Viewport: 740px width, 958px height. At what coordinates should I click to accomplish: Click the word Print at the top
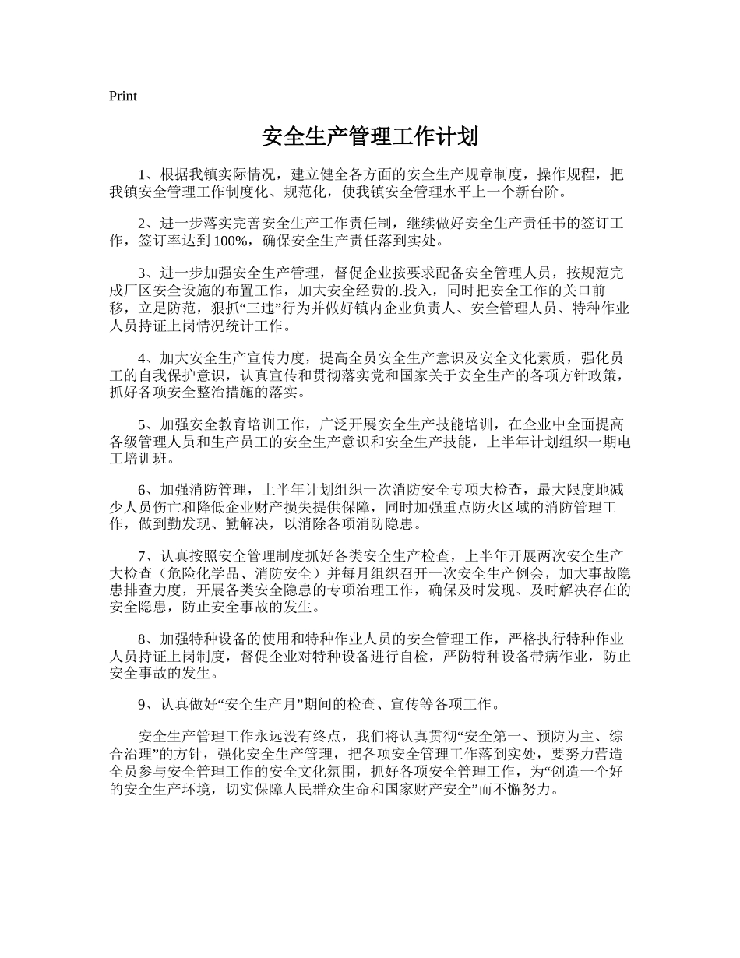click(x=123, y=96)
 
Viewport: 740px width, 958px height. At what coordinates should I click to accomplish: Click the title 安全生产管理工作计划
click(x=369, y=137)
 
